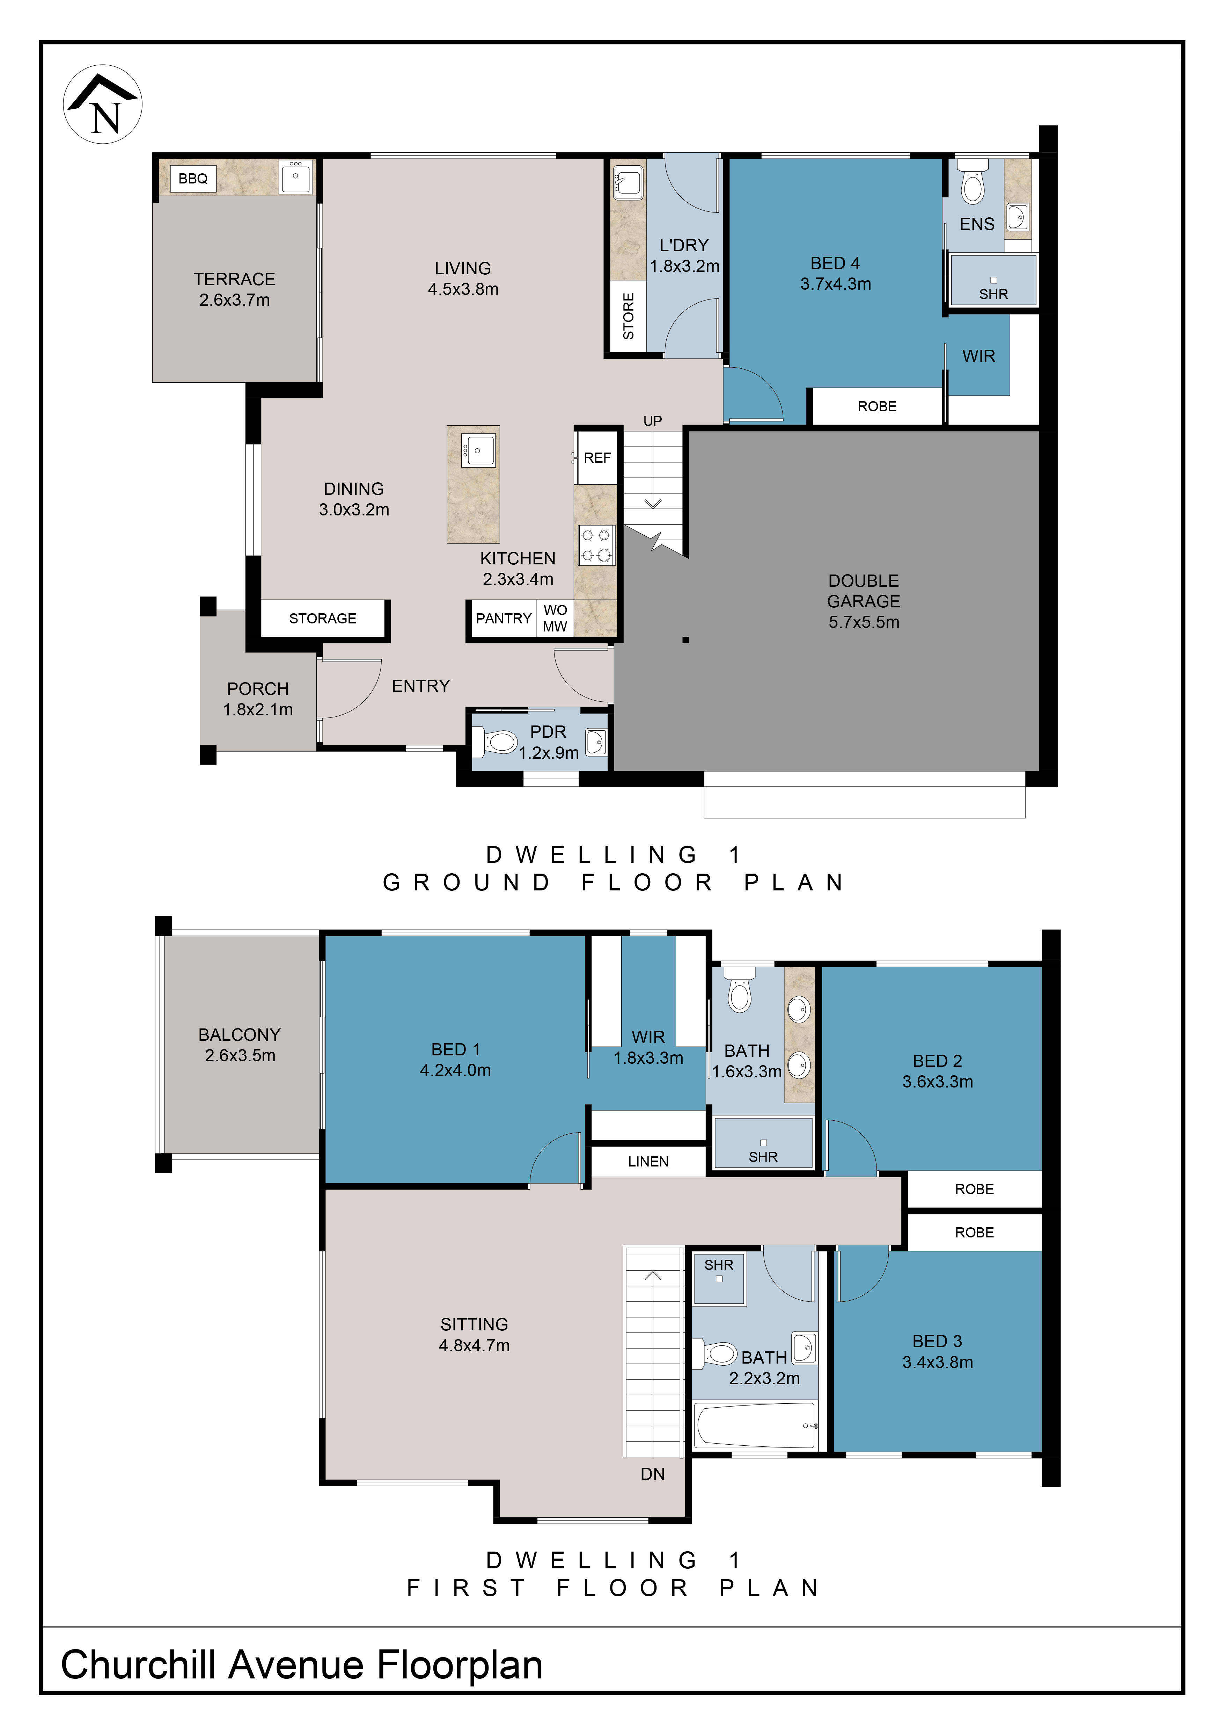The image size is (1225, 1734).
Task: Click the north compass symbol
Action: click(103, 104)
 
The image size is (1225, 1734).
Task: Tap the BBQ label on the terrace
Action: click(193, 178)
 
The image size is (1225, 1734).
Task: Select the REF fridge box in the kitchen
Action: click(597, 458)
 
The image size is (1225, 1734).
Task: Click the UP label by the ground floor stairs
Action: click(653, 421)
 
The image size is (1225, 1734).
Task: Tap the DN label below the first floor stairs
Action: click(653, 1473)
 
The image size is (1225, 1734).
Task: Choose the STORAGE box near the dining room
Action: click(323, 619)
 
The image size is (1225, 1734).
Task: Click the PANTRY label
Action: click(504, 619)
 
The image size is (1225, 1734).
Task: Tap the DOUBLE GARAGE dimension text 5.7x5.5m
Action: click(864, 622)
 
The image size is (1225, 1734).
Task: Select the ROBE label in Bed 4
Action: click(877, 406)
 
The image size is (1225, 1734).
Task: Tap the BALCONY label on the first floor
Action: click(239, 1035)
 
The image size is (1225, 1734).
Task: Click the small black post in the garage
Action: click(685, 641)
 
